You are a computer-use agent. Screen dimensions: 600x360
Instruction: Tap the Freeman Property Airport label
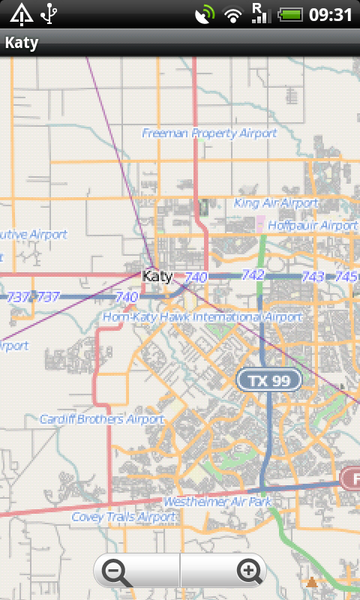[x=209, y=133]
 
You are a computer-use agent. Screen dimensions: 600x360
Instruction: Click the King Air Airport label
[x=276, y=203]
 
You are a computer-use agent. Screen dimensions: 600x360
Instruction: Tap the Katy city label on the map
[x=157, y=276]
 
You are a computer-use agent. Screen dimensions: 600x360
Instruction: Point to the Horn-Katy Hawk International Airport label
[x=202, y=317]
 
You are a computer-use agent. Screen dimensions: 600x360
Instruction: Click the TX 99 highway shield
[x=269, y=381]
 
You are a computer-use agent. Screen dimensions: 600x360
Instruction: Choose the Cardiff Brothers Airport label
[x=102, y=419]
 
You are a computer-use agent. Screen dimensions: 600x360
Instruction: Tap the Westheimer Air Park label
[x=217, y=501]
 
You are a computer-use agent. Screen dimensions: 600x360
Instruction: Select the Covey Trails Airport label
[x=124, y=517]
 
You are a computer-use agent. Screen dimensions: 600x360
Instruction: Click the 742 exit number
[x=253, y=275]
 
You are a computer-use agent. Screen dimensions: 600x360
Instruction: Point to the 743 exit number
[x=313, y=277]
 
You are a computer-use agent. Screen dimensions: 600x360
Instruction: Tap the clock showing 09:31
[x=330, y=14]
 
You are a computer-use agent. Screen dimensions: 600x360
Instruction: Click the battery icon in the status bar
[x=289, y=14]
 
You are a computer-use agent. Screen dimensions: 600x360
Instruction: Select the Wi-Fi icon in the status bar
[x=234, y=14]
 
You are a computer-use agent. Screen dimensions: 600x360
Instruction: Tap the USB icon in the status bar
[x=49, y=13]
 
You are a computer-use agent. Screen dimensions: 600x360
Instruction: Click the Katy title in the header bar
[x=22, y=43]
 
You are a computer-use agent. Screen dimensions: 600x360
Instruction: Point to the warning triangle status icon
[x=20, y=13]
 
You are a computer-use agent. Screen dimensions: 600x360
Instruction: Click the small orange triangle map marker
[x=311, y=581]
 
